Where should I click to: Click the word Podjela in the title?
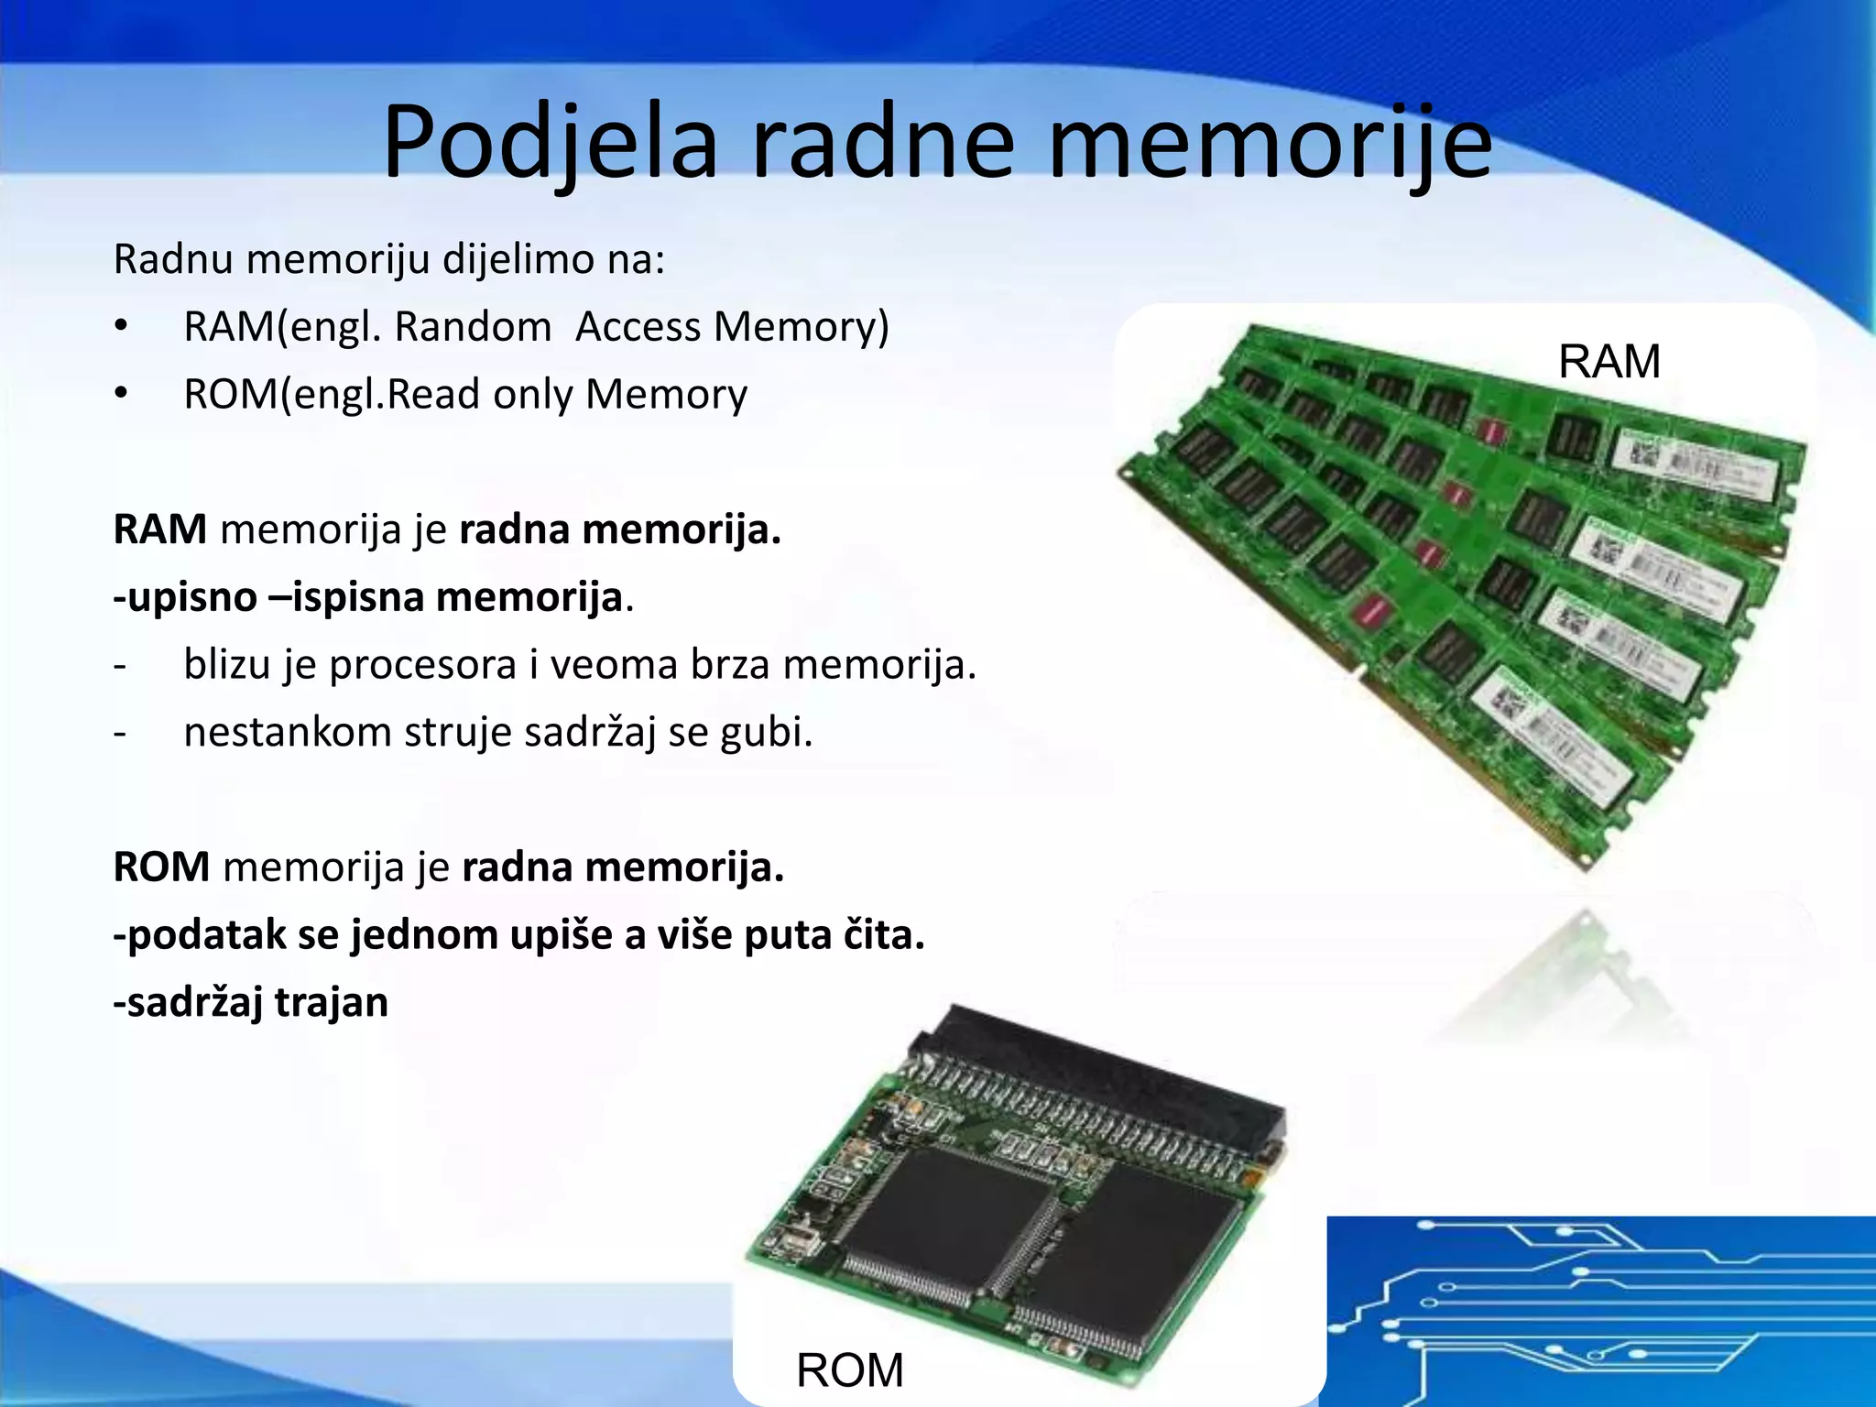(x=549, y=144)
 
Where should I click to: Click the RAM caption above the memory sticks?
(x=1609, y=362)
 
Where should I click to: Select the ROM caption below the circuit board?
(x=849, y=1370)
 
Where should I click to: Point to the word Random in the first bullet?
(x=473, y=327)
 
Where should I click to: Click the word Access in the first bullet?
(x=639, y=327)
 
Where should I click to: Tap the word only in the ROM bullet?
(x=533, y=395)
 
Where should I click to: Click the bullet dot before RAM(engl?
(x=121, y=328)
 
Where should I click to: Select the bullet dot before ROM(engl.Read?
(x=121, y=395)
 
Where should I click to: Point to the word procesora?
(x=423, y=665)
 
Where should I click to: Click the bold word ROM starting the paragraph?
(x=161, y=867)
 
